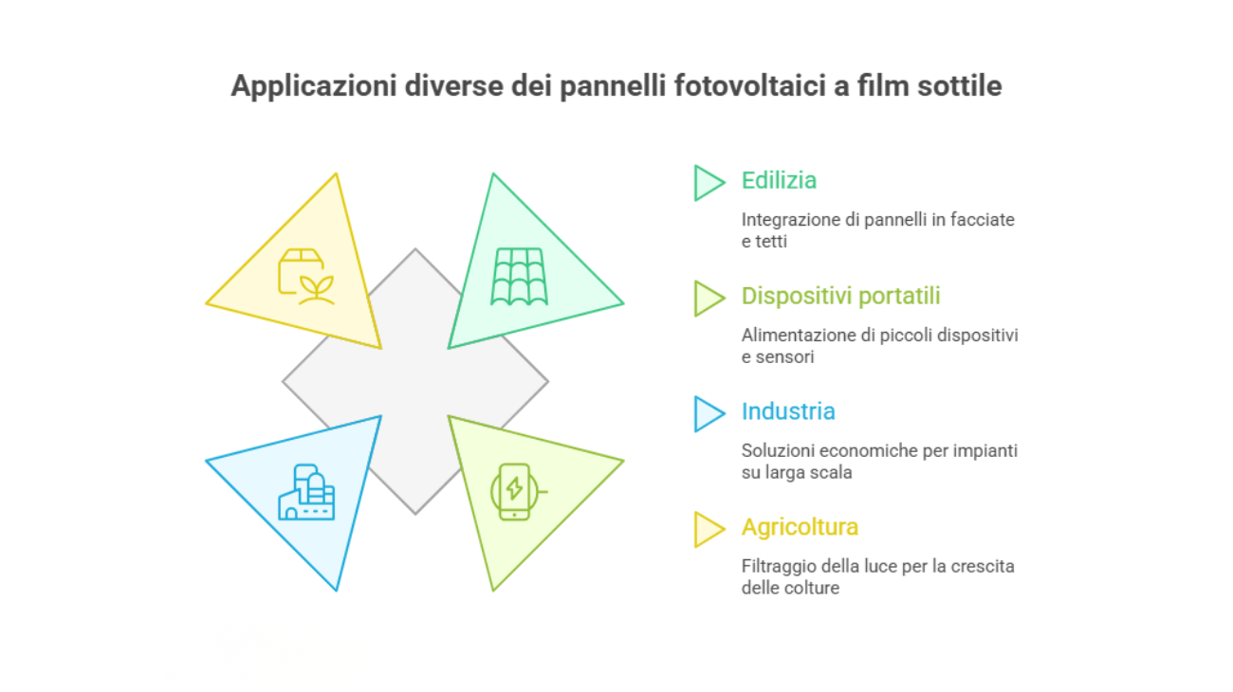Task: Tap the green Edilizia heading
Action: pos(779,180)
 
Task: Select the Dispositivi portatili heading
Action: pos(840,296)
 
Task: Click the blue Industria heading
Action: pos(788,411)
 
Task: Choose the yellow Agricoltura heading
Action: pos(801,526)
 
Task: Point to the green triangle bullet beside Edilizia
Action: pos(708,182)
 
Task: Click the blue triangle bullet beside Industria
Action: pos(708,413)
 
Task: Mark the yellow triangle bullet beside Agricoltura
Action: pos(708,529)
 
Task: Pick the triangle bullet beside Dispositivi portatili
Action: pos(708,298)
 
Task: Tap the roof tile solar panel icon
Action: pos(518,277)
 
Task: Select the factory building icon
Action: pos(306,492)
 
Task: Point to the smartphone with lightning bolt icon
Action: pos(515,491)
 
